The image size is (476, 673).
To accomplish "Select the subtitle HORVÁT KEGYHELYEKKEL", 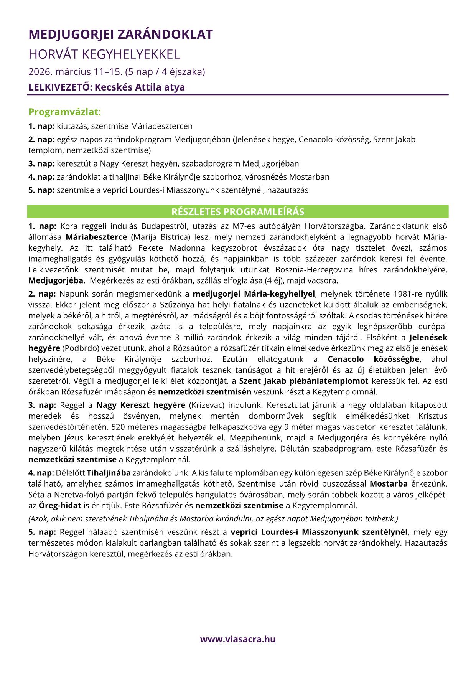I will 104,54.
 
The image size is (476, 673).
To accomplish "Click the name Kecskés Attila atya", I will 140,87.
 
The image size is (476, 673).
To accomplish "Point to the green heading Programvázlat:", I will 64,112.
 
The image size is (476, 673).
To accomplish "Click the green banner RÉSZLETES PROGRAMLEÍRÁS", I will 238,212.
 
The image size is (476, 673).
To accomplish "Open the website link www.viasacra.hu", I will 238,639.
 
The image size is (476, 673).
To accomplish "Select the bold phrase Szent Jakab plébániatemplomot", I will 303,381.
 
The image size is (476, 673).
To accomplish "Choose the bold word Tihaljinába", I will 109,473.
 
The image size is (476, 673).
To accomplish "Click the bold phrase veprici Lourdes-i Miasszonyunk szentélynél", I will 319,532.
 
